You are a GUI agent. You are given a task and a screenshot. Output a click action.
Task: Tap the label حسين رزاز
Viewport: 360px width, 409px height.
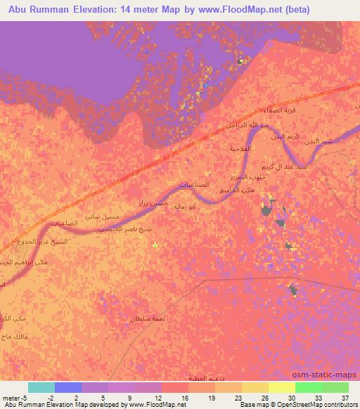[153, 202]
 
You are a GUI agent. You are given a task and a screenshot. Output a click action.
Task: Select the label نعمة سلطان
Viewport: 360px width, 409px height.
[147, 318]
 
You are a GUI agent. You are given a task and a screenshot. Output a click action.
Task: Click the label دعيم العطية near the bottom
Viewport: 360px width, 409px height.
[204, 378]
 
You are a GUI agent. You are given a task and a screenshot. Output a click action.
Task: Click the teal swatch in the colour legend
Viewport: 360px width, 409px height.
[41, 387]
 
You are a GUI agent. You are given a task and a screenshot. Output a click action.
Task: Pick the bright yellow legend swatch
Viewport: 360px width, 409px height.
[281, 387]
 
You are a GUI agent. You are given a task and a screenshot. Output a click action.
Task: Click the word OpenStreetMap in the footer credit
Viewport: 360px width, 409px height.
[296, 405]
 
